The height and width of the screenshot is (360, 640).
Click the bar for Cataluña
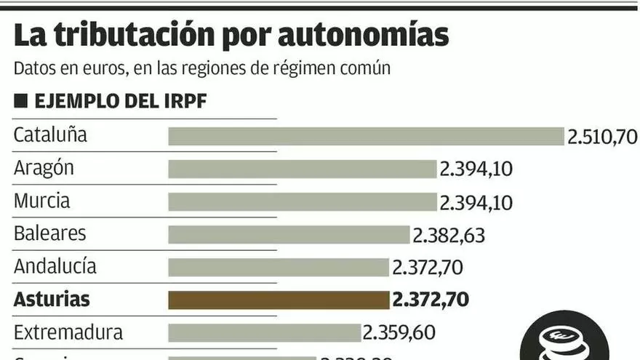pos(366,136)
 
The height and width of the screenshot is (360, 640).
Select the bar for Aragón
pos(302,169)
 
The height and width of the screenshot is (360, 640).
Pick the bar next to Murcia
pos(302,201)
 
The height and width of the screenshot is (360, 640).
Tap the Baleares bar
pos(289,234)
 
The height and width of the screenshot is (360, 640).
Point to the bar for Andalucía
pos(279,267)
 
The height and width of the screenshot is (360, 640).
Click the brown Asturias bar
pos(279,300)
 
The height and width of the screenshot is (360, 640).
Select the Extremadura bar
pos(264,332)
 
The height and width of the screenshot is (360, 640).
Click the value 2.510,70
pos(602,137)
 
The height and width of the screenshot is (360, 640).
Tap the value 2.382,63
pos(449,235)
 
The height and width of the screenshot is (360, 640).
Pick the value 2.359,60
pos(399,333)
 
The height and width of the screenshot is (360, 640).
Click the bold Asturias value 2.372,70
pos(430,300)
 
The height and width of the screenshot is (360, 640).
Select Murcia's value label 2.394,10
pos(476,202)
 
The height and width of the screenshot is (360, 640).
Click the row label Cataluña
pos(50,135)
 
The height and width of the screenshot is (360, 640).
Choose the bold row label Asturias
pos(52,299)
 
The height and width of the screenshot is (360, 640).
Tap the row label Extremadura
pos(68,333)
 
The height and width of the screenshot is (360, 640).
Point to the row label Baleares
pos(49,233)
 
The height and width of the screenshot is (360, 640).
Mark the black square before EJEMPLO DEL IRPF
pos(20,100)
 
